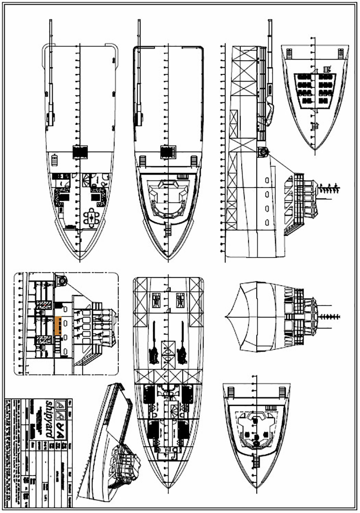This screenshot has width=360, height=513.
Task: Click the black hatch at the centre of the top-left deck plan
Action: (x=80, y=152)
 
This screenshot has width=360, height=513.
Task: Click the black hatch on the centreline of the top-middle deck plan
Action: (x=167, y=152)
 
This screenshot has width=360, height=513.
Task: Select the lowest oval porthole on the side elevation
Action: (x=267, y=222)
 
